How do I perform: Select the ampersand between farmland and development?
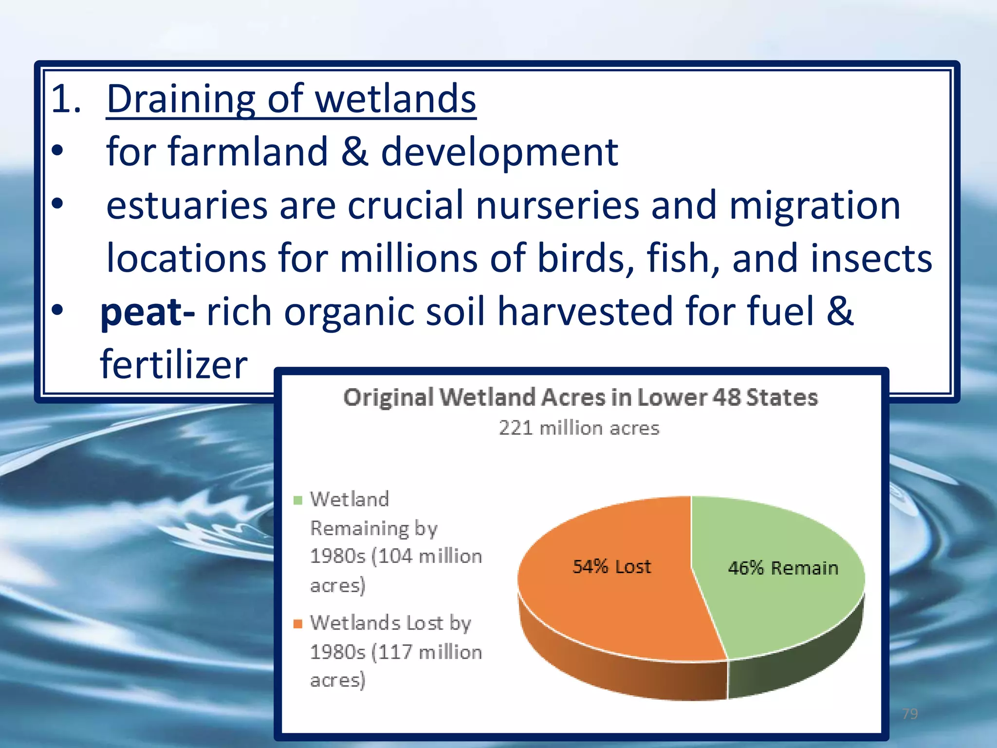[x=354, y=152]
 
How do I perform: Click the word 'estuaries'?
[x=187, y=206]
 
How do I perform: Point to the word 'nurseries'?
[x=557, y=206]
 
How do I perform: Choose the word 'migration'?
[x=814, y=206]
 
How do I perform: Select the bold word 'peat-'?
[x=148, y=313]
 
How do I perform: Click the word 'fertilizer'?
[x=174, y=365]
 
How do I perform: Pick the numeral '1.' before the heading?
[x=66, y=100]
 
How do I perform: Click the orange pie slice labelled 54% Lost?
[x=609, y=609]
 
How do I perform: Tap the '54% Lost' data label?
[x=611, y=567]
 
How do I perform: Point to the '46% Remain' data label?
[x=783, y=568]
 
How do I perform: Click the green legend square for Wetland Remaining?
[x=298, y=500]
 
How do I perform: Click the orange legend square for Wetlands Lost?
[x=298, y=624]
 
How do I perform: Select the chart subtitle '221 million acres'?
[x=579, y=428]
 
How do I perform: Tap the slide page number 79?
[x=910, y=714]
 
